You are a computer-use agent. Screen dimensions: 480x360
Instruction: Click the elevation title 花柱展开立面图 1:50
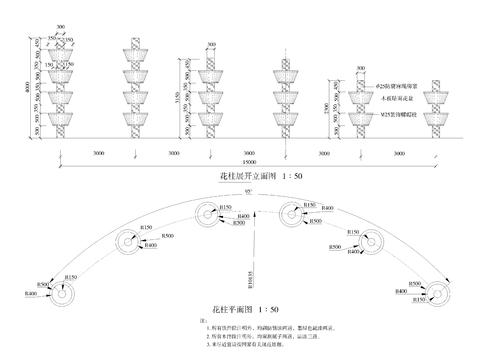click(246, 172)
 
